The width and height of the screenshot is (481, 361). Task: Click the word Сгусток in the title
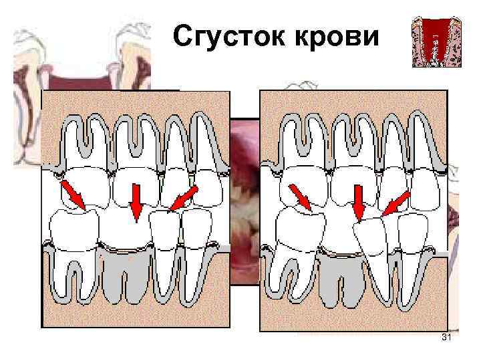point(227,39)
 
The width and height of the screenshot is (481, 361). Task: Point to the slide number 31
point(447,341)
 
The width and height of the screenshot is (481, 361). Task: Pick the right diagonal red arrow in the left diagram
point(182,199)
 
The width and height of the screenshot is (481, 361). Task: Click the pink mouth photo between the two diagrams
point(245,201)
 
